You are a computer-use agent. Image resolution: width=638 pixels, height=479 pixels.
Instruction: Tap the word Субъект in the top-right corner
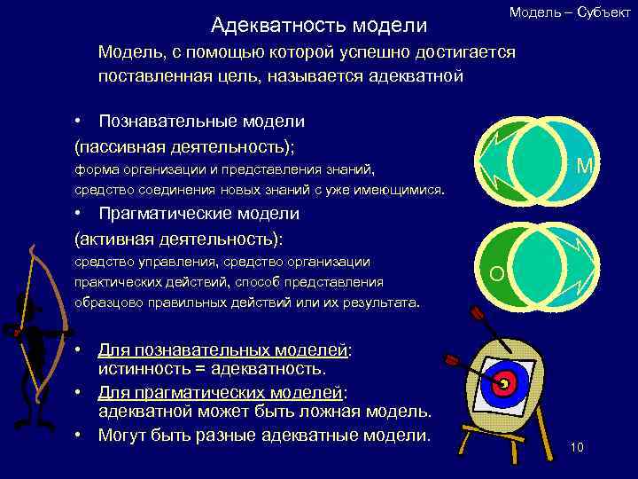pos(603,12)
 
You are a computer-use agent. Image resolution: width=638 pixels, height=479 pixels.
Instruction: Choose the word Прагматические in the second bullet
pos(167,214)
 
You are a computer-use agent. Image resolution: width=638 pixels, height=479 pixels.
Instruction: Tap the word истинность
pos(143,367)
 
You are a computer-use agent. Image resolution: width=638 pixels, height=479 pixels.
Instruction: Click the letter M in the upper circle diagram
pos(584,166)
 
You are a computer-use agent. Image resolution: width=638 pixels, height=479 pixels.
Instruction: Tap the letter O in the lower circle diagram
pos(496,274)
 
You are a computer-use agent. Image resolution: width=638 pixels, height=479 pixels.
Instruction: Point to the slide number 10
pos(577,446)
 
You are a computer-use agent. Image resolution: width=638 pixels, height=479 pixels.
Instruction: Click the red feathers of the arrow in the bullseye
pos(453,360)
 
